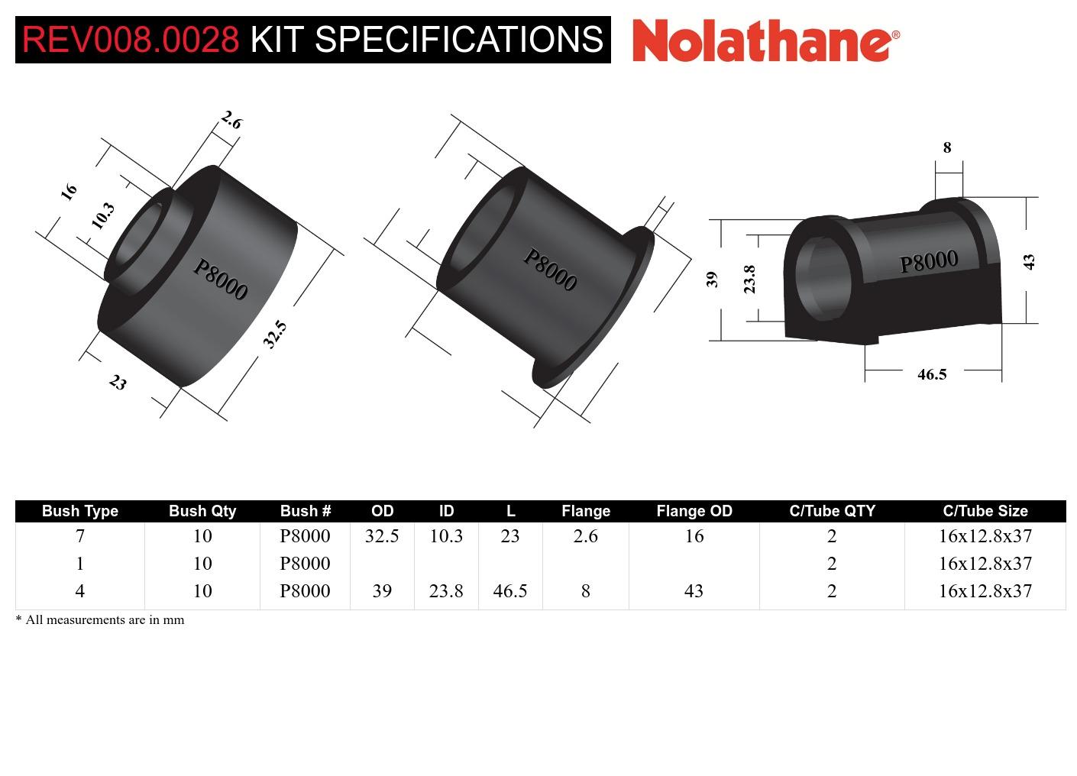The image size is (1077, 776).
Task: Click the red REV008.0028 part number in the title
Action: [131, 39]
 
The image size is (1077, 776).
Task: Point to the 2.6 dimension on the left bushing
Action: [231, 120]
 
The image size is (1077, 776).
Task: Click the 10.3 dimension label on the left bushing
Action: [102, 215]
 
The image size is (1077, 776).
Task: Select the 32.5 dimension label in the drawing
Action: [275, 334]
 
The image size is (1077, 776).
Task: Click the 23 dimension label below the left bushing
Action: [117, 382]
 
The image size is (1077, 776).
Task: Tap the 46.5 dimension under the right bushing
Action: [931, 374]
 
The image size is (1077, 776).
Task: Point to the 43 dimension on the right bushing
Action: [1029, 261]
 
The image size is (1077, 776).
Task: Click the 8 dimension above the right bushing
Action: [947, 147]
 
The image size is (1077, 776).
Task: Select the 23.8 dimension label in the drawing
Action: [749, 279]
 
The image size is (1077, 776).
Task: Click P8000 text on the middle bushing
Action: [549, 270]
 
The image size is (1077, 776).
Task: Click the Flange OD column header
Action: [694, 511]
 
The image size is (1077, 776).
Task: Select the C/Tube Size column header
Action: [985, 511]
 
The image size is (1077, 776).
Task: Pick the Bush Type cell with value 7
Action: [79, 536]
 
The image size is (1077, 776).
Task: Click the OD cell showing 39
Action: [382, 591]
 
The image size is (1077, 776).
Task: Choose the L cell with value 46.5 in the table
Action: [510, 591]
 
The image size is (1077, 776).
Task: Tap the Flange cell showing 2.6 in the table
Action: [585, 536]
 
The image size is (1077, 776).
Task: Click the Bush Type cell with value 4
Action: [79, 591]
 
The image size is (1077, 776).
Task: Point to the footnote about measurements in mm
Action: [100, 620]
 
